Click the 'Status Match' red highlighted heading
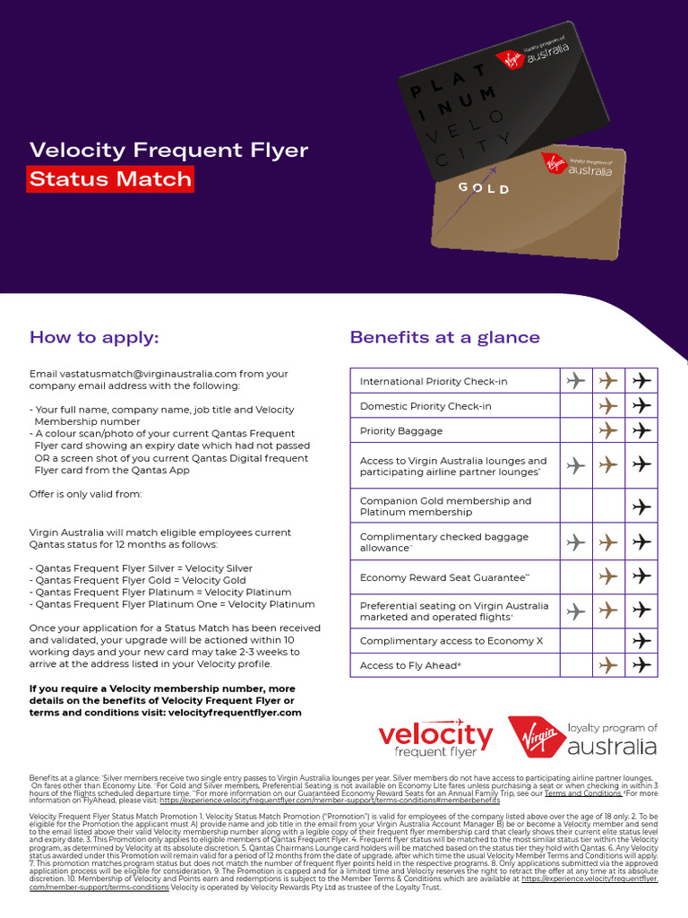(110, 178)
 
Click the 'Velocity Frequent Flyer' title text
(168, 150)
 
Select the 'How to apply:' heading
(94, 337)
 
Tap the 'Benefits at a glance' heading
(444, 337)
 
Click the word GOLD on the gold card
(484, 189)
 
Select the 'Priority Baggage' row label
(400, 431)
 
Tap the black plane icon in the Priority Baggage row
(641, 430)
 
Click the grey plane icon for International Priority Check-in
(576, 381)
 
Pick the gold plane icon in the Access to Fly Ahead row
(608, 665)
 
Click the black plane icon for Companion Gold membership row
(641, 507)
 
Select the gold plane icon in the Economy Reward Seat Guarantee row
(608, 577)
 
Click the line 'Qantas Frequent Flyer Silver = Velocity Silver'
(142, 568)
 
